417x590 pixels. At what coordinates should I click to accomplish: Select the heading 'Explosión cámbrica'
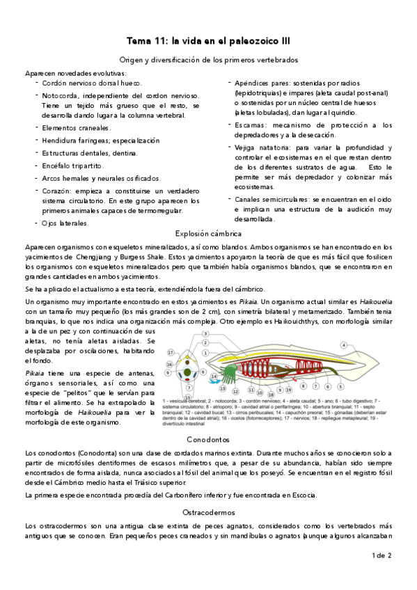coord(208,234)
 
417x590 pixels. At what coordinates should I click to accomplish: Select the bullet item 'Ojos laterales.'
coord(65,223)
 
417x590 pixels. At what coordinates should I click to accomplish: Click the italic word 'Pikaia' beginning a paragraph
coord(36,374)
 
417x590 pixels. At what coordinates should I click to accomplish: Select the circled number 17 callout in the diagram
coord(171,353)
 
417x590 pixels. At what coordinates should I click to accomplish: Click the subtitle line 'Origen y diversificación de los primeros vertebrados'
coord(208,61)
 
